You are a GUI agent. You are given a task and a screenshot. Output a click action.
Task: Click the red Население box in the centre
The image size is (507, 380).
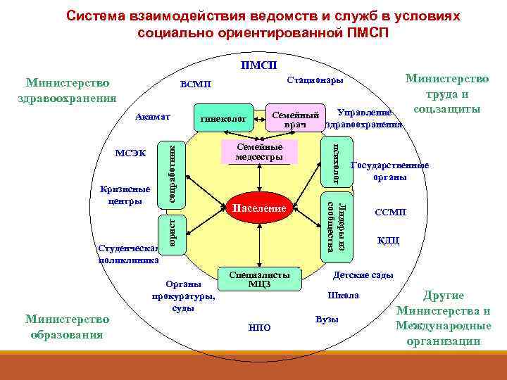pos(259,208)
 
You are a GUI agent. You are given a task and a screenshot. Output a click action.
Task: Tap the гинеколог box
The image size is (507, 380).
pos(223,120)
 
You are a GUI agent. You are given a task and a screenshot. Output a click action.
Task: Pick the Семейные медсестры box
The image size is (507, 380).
pos(259,151)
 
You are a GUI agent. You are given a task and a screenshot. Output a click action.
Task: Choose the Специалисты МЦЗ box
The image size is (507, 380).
pos(259,279)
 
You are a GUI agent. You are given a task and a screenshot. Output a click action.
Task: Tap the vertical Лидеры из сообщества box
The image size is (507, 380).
pos(334,227)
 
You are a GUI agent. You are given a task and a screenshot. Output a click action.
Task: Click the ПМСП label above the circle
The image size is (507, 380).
pos(258,66)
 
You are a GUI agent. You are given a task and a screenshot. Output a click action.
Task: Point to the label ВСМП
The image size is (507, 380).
pos(195,85)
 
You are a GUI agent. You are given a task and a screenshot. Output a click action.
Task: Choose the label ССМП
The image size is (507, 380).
pos(390,212)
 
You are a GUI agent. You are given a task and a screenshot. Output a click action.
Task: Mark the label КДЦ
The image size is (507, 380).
pos(388,241)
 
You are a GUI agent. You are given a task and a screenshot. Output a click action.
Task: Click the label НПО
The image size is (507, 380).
pos(260,327)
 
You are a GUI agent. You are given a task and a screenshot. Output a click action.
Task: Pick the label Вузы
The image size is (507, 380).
pos(327,319)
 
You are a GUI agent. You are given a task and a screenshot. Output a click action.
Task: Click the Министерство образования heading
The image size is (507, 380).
pos(68,327)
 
